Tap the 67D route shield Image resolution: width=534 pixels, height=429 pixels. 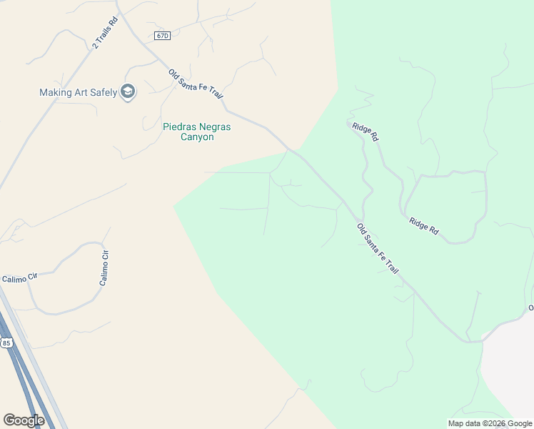(162, 36)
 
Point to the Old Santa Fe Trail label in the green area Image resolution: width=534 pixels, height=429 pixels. (378, 249)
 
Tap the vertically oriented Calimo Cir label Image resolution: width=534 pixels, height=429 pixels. (104, 268)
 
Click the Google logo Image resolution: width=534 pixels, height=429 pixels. (24, 420)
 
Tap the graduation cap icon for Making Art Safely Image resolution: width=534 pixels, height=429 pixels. (128, 92)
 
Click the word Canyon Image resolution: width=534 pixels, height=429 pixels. (196, 137)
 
